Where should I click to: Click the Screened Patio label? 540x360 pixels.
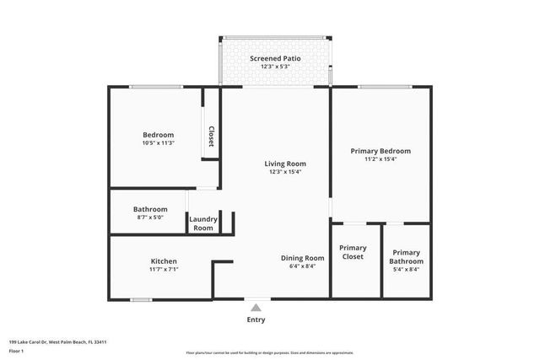tap(273, 58)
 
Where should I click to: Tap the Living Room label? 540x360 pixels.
tap(284, 164)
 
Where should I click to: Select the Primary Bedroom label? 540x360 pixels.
tap(380, 151)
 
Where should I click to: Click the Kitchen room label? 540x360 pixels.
tap(164, 261)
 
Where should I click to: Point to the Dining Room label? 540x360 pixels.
tap(302, 258)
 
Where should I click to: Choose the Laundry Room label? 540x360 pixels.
tap(203, 223)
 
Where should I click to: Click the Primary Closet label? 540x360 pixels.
tap(352, 252)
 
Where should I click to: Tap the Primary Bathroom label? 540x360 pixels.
tap(406, 256)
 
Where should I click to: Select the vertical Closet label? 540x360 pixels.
tap(211, 137)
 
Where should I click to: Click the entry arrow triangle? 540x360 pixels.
tap(256, 308)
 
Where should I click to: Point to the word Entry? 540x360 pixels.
tap(256, 320)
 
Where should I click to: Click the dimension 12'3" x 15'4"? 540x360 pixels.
tap(284, 172)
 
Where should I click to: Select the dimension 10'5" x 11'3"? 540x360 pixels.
tap(158, 143)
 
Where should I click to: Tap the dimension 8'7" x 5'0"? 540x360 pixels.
tap(150, 218)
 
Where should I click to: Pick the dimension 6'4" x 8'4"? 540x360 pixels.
tap(302, 266)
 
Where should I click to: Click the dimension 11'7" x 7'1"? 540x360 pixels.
tap(164, 270)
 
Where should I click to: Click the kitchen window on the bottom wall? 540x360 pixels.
tap(141, 299)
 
